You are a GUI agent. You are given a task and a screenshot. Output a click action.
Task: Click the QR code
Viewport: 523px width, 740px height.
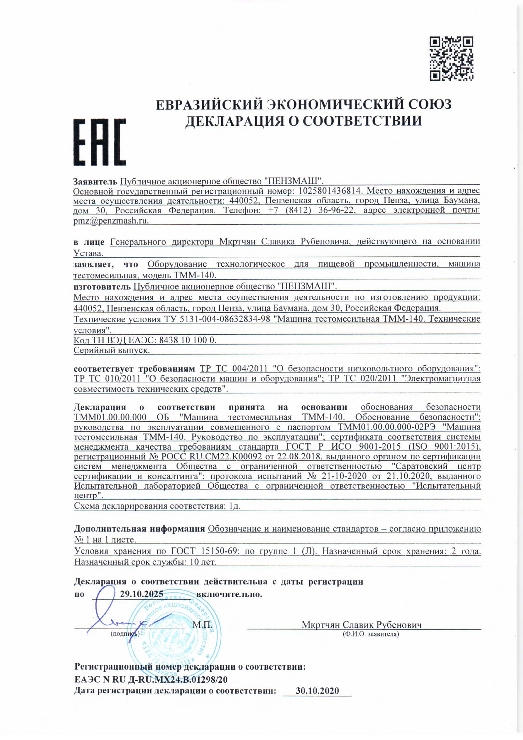(x=452, y=58)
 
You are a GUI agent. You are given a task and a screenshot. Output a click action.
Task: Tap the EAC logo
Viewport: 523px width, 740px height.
(x=100, y=142)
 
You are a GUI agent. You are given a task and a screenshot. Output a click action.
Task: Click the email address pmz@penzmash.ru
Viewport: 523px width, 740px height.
(x=111, y=221)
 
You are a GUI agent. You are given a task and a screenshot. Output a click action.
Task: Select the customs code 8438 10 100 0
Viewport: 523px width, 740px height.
(x=188, y=340)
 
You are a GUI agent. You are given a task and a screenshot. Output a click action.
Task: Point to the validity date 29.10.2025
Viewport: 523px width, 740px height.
(x=142, y=594)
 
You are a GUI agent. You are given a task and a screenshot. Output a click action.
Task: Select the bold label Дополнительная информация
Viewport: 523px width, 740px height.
(x=140, y=529)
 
